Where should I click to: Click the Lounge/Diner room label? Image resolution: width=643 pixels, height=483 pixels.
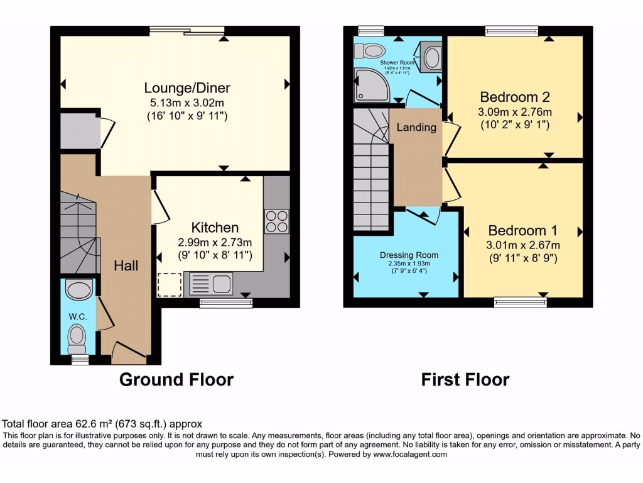point(187,87)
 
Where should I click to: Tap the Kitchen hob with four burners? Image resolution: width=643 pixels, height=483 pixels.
point(277,221)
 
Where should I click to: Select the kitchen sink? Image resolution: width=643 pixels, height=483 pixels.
point(210,284)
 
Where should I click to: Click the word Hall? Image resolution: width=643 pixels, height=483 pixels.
point(126,266)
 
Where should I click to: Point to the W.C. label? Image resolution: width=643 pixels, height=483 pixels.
point(78,316)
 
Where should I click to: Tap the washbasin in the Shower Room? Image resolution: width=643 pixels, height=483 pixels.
point(433,58)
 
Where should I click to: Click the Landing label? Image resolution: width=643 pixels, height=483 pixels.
point(416,127)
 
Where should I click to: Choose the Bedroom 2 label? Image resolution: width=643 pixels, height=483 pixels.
point(515,97)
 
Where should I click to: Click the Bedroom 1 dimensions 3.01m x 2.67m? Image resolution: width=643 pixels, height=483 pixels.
point(524,245)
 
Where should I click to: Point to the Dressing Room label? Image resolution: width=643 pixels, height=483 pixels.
point(409,255)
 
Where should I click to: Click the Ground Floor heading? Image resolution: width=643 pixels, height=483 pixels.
point(176,380)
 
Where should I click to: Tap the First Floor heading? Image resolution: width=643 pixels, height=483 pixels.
point(465,380)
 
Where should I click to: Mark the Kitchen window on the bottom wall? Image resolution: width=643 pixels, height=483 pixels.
point(226,303)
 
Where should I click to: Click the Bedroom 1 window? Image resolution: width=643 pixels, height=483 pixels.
point(520,303)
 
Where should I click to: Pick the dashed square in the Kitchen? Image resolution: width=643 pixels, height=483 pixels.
point(168,284)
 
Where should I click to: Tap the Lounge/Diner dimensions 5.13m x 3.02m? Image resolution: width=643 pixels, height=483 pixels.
point(187,103)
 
